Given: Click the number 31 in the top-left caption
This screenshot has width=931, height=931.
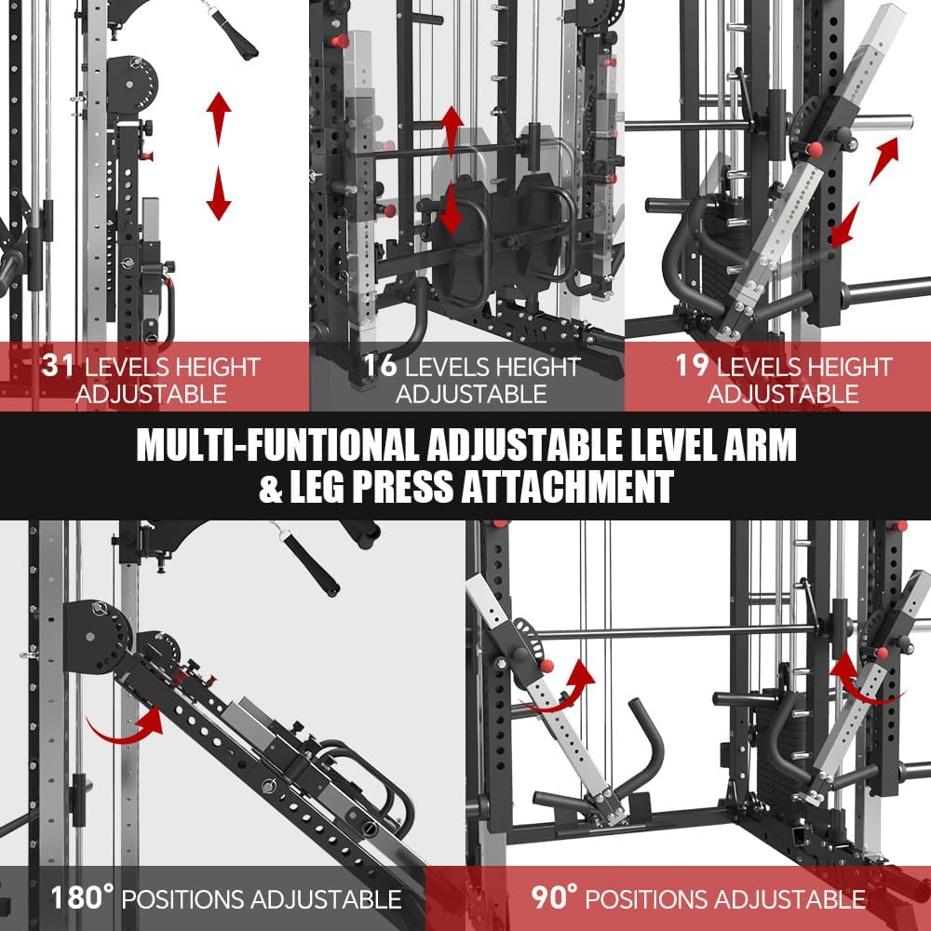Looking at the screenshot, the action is point(58,365).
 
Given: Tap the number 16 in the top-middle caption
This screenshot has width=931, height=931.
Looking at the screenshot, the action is point(380,365).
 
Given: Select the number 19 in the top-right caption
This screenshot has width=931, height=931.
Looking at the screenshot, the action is point(693,365).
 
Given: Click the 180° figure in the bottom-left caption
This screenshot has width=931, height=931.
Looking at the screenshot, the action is point(82,897).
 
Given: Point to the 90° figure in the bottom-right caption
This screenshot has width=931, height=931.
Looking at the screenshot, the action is point(554,897).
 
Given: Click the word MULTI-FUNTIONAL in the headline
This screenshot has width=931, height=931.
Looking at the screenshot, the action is point(277,445).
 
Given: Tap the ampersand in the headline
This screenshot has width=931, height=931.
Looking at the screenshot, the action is point(271,488).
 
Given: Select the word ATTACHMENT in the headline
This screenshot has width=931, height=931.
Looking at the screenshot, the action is point(567,488).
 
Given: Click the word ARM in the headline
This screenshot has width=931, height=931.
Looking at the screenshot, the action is point(760,445).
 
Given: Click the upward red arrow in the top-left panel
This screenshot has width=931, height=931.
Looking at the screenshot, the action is point(219,118).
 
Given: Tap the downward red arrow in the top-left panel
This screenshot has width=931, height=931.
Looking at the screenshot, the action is point(219,194).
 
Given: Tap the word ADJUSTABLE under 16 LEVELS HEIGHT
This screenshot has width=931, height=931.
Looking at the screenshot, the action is point(471,394).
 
